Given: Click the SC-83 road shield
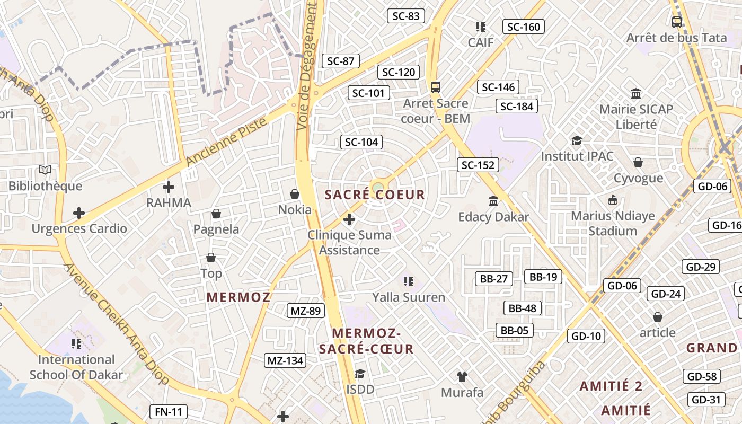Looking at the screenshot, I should pos(406,16).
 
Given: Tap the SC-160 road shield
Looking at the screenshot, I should pos(524,26).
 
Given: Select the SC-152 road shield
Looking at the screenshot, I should pos(478,165).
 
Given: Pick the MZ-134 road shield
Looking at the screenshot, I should pos(285,361).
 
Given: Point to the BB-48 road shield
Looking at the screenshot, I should pos(522,308).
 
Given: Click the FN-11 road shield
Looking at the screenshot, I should pos(169,411).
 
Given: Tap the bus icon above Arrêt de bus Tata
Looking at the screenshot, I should pos(677,22).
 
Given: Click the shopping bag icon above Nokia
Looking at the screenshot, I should pos(295,195).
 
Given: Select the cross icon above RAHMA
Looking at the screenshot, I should pos(169,187).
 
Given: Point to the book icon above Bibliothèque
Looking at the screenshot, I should pos(45,170).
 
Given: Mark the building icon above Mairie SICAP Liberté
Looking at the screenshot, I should pos(636,94).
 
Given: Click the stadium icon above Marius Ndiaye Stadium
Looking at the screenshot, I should pos(613,200).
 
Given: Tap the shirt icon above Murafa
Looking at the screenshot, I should pos(462,377).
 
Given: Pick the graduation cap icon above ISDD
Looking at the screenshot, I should pos(360,374).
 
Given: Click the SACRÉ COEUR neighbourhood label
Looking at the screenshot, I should pos(375,195).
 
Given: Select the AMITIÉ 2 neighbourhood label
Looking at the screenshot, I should pos(611,386).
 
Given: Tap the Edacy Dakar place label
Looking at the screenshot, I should pos(493,217).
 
